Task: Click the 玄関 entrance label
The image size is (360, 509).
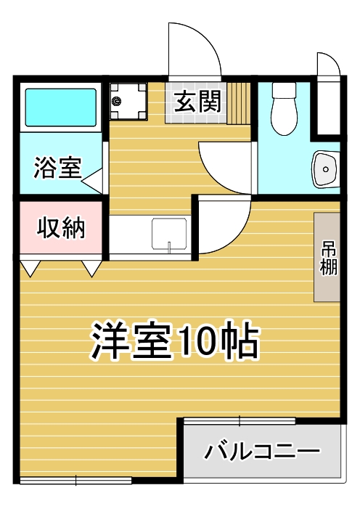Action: (x=197, y=101)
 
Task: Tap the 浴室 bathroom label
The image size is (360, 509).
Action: (x=57, y=168)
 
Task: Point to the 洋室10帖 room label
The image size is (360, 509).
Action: (x=176, y=341)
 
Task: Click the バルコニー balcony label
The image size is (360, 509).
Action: (x=261, y=451)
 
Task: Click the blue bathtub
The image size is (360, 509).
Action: (x=61, y=107)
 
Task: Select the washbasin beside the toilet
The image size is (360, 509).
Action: (x=326, y=168)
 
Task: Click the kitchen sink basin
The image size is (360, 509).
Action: (x=169, y=234)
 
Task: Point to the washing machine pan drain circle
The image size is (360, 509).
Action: (x=117, y=101)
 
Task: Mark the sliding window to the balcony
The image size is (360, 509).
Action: (x=240, y=420)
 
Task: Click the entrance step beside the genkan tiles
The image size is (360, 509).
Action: (x=239, y=103)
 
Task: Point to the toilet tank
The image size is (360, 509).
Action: (x=284, y=90)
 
